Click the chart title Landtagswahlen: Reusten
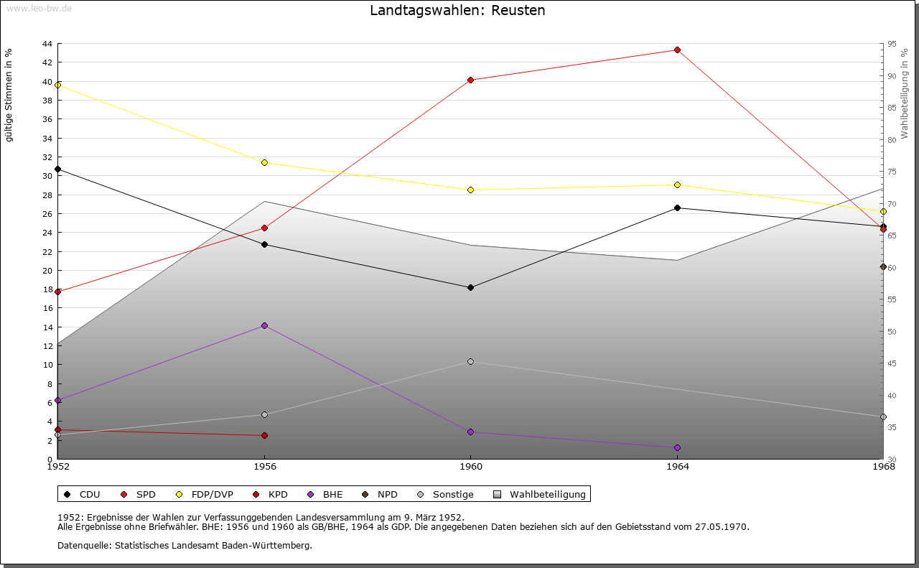point(457,11)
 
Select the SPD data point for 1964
point(677,50)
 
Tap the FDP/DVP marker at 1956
point(264,162)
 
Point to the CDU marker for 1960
point(470,287)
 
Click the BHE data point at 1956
point(264,325)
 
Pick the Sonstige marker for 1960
point(470,361)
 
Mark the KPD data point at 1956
point(264,435)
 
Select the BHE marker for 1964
point(677,447)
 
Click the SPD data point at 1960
point(470,80)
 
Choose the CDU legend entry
point(83,494)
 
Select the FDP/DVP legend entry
point(205,494)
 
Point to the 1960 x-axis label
point(470,467)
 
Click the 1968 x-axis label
point(883,467)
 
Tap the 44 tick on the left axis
point(47,44)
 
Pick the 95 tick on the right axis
point(892,44)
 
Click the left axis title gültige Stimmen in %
point(9,96)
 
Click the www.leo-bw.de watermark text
point(37,8)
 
